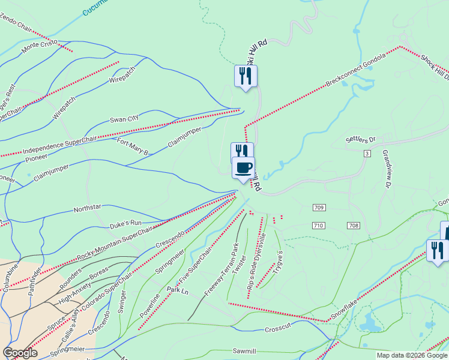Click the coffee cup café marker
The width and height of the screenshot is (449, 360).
tap(243, 167)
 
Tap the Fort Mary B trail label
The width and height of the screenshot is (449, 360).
tap(133, 147)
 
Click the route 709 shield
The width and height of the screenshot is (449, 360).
tap(319, 208)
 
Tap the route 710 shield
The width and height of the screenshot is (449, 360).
tap(318, 225)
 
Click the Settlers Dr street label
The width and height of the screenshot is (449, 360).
tap(360, 140)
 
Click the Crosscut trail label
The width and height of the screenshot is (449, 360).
tap(277, 329)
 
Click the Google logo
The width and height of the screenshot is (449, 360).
tap(20, 353)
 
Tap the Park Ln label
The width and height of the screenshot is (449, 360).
tap(178, 290)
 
